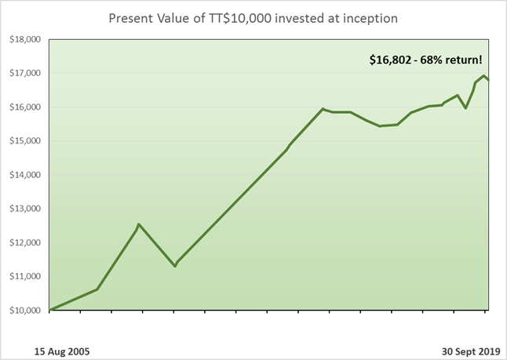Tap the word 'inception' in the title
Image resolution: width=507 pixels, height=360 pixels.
[x=368, y=18]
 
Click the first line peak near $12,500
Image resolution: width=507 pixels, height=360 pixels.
[x=139, y=224]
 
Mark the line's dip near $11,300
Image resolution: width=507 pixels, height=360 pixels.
[x=175, y=266]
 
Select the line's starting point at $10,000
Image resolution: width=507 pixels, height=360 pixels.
[x=50, y=310]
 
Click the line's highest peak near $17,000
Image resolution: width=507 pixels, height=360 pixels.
[x=483, y=75]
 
